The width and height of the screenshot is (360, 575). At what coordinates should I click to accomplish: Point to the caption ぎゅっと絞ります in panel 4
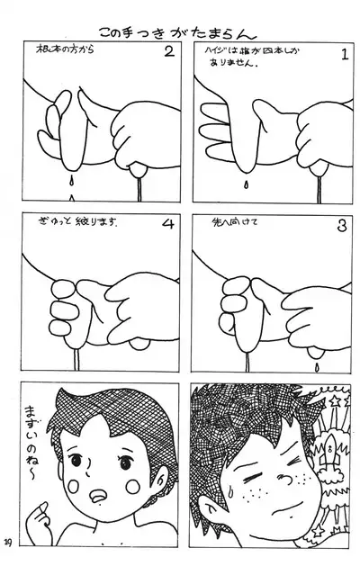(80, 245)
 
